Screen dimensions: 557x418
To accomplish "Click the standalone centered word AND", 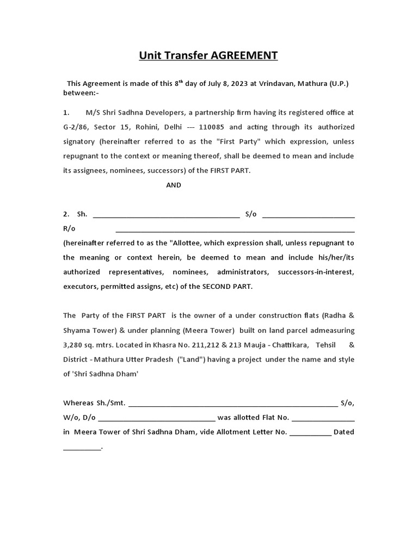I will (174, 185).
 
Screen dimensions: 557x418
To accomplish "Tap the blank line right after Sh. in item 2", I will (167, 214).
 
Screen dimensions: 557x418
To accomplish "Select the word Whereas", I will (79, 403).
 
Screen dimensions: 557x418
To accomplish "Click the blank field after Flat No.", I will (323, 418).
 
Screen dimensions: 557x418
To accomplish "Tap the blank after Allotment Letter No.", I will (310, 432).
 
